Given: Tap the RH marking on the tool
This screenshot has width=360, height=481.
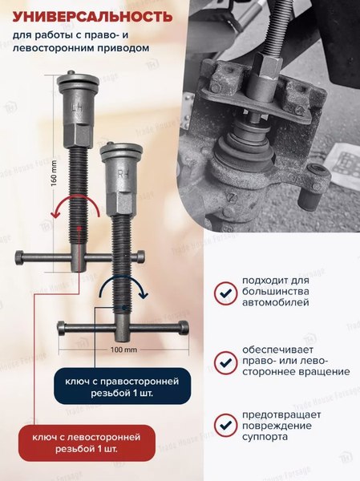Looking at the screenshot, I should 123,171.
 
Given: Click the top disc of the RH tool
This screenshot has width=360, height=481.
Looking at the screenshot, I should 121,149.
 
